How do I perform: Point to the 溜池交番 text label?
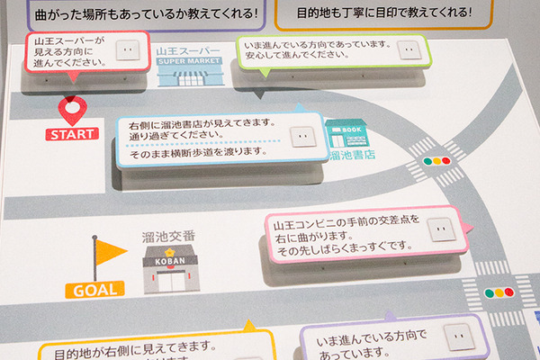click(x=169, y=236)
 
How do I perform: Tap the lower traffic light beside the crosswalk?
click(x=498, y=292)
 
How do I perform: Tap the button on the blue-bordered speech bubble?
click(x=299, y=137)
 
